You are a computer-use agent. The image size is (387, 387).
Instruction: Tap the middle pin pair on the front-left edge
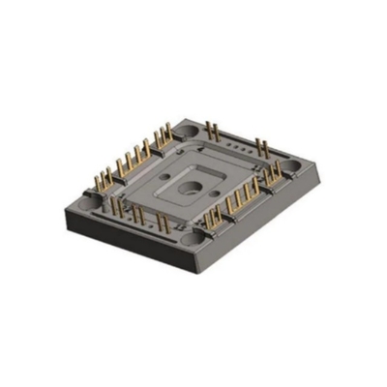pyautogui.click(x=138, y=214)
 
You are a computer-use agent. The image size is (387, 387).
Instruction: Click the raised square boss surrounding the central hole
pyautogui.click(x=194, y=186)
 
